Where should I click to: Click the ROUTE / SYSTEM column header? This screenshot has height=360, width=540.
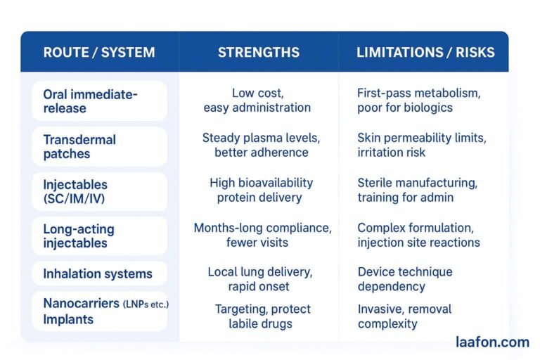click(x=99, y=53)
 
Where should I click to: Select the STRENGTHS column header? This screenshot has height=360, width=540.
click(x=258, y=53)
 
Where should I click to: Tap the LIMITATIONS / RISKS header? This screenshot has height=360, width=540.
click(x=425, y=53)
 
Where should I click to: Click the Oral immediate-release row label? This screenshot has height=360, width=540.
click(x=90, y=101)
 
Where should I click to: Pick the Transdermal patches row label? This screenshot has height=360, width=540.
click(x=79, y=146)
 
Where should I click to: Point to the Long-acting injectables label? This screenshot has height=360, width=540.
click(x=78, y=236)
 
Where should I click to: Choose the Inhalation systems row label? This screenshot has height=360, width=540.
click(x=98, y=274)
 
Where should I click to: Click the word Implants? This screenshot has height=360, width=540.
click(x=69, y=319)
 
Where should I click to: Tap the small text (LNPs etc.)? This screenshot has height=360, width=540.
click(x=146, y=304)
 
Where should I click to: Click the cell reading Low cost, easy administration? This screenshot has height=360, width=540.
click(x=257, y=101)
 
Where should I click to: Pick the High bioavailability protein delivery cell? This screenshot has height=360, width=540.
click(x=261, y=190)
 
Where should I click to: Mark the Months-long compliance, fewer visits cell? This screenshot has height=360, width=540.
click(x=262, y=235)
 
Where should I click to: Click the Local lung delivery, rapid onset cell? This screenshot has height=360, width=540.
click(x=259, y=279)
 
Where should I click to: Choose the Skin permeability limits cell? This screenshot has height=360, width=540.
click(x=421, y=146)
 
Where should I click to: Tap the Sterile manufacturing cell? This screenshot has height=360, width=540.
click(x=417, y=190)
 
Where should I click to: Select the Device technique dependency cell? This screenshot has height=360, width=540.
click(x=404, y=279)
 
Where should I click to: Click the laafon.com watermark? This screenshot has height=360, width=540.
click(x=491, y=342)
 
